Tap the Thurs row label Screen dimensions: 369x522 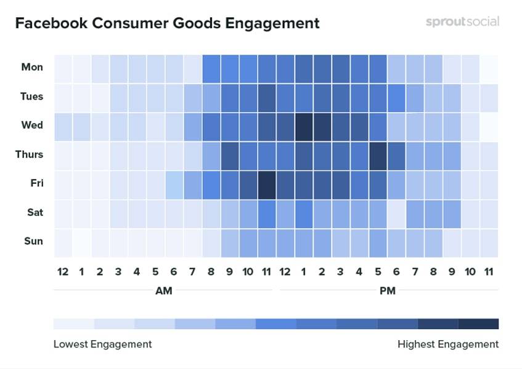click(x=29, y=154)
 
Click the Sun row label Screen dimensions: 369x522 click(x=33, y=241)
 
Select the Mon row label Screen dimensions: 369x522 click(x=33, y=68)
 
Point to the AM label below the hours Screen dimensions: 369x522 click(x=163, y=291)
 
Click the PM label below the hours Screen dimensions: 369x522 click(x=386, y=291)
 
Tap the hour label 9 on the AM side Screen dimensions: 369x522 click(x=229, y=271)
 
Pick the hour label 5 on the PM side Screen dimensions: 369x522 click(x=377, y=271)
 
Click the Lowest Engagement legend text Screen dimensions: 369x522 click(x=102, y=344)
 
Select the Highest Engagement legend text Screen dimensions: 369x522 click(x=448, y=344)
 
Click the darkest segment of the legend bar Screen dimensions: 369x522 click(x=478, y=323)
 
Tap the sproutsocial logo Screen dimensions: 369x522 click(x=462, y=22)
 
